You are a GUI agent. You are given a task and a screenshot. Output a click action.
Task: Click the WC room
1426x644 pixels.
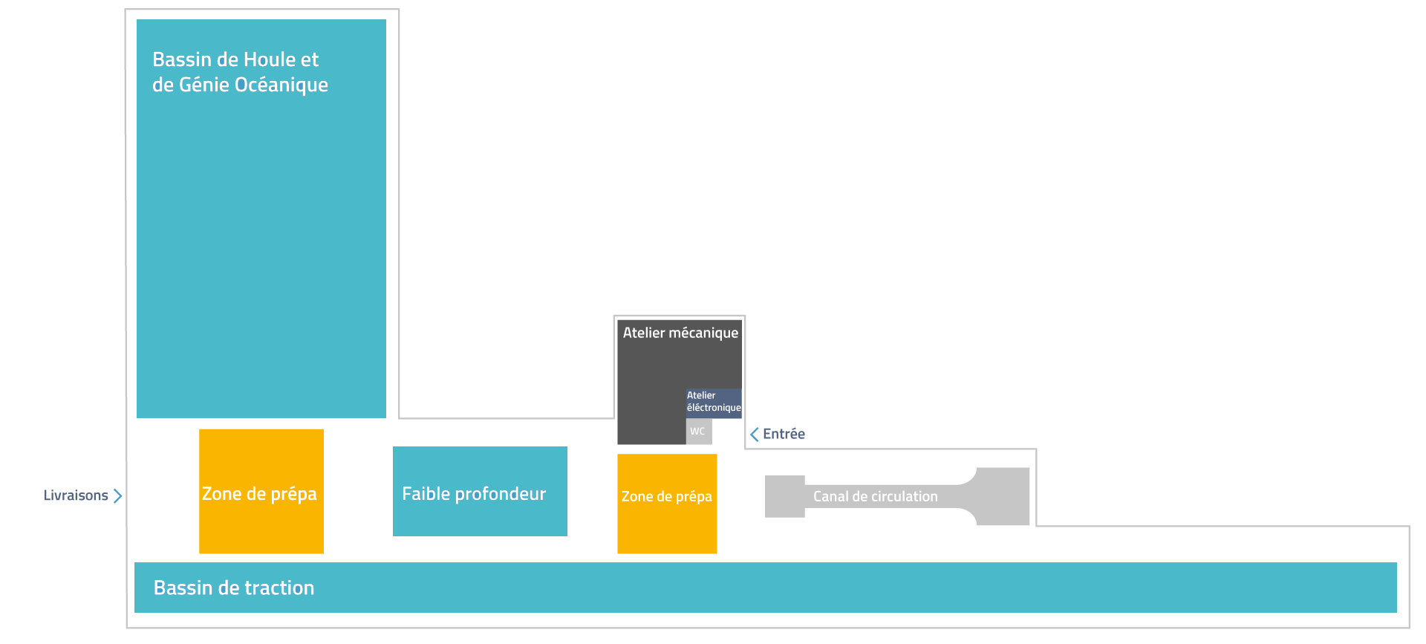[699, 431]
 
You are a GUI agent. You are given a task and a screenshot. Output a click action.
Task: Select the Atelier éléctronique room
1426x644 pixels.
[714, 403]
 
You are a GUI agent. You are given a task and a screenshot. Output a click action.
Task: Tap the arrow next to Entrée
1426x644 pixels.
[755, 434]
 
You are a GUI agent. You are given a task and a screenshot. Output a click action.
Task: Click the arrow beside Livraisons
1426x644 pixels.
[117, 495]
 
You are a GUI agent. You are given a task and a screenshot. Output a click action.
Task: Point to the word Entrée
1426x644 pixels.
[784, 434]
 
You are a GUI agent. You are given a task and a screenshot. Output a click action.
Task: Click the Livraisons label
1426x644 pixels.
[76, 495]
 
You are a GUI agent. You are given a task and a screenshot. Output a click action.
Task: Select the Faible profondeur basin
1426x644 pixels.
[480, 491]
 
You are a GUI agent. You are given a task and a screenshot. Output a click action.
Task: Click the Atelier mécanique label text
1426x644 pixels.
[680, 333]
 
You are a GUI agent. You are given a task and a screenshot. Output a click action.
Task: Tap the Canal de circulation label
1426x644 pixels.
[875, 496]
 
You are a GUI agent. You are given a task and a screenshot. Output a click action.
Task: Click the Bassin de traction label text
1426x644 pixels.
[234, 588]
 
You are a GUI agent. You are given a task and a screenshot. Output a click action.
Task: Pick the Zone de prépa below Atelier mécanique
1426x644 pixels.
[667, 504]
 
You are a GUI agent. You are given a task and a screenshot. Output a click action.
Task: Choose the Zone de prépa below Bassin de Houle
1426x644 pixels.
[261, 491]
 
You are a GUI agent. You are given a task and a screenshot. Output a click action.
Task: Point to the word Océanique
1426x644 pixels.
[281, 85]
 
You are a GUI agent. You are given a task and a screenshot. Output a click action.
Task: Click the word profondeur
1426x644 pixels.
[500, 495]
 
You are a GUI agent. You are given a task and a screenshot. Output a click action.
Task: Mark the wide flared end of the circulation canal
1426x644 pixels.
[1003, 496]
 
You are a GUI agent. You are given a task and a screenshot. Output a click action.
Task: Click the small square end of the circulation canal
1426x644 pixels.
[785, 496]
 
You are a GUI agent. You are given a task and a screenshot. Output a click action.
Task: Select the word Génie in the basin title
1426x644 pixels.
[204, 85]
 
